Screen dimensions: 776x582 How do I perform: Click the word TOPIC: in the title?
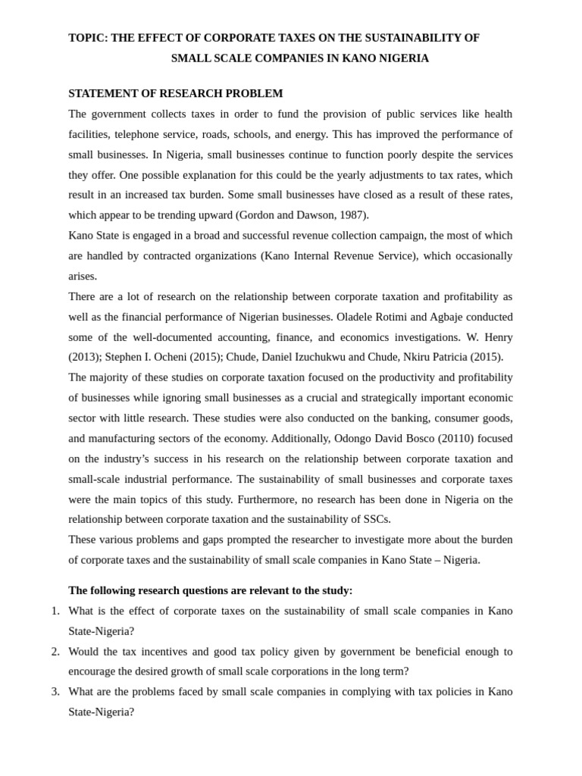(x=88, y=38)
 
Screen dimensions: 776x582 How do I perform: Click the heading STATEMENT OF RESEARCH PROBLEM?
(x=175, y=93)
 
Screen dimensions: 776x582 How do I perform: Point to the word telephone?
(x=145, y=134)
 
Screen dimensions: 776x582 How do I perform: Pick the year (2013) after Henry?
(x=83, y=357)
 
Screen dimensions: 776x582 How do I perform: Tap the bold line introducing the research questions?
(x=210, y=590)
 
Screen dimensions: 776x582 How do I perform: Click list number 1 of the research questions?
(x=55, y=611)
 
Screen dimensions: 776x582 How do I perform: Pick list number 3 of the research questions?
(x=55, y=691)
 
